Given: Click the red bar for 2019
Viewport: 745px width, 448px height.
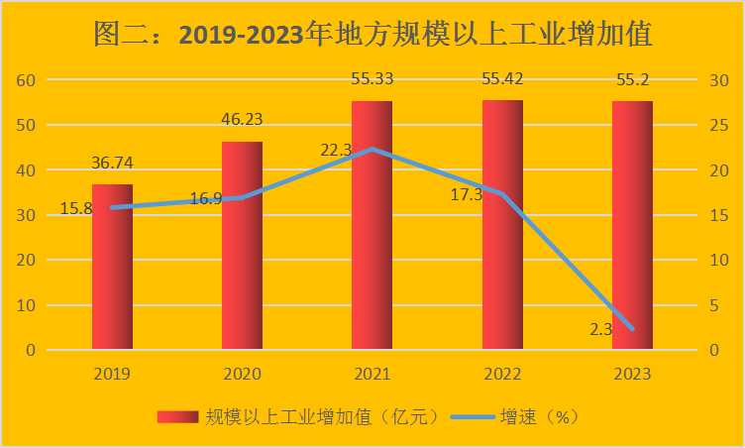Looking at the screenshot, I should pyautogui.click(x=112, y=267).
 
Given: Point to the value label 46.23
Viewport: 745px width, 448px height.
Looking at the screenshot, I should pyautogui.click(x=242, y=121).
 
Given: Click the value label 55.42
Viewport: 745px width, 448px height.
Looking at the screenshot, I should pyautogui.click(x=502, y=79).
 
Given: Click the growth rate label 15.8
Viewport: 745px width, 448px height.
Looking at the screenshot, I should pyautogui.click(x=76, y=208).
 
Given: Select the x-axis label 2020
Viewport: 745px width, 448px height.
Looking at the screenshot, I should pyautogui.click(x=242, y=374).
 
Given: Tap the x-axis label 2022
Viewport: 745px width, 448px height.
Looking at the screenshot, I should pyautogui.click(x=502, y=374).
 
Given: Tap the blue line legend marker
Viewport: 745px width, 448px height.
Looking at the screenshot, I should pyautogui.click(x=472, y=417).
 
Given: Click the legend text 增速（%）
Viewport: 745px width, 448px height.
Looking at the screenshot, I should pyautogui.click(x=541, y=417).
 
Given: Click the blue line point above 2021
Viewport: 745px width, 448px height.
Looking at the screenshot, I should pyautogui.click(x=372, y=150).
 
